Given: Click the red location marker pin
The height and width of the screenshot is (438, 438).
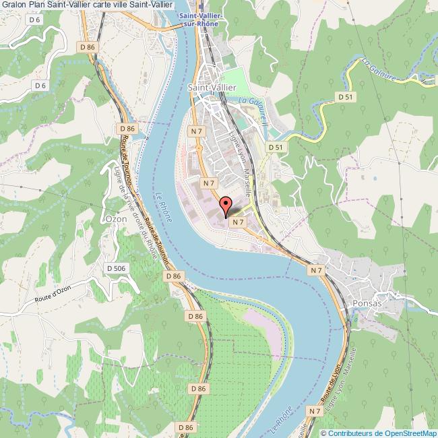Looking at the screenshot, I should coord(226,205).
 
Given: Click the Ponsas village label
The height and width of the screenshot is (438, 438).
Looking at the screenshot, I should coord(367,304).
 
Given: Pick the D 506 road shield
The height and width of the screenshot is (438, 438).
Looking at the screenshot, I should coord(117,269).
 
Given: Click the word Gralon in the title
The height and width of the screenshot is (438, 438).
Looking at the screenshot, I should coord(13,6).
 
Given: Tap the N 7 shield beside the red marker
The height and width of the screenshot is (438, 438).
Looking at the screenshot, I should coord(236,221).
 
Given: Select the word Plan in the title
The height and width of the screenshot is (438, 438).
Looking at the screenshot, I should coord(38,6).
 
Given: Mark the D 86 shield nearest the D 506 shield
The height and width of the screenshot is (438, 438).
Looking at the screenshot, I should coord(174,276).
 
